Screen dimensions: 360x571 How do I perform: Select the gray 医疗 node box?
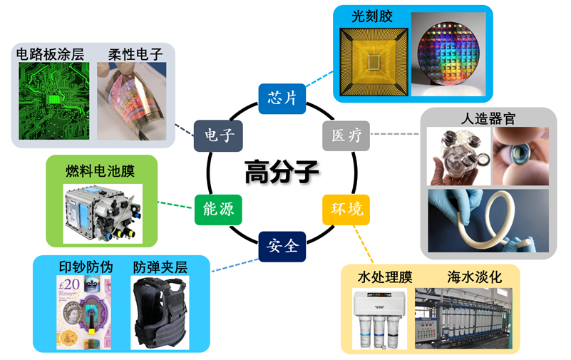pos(347,135)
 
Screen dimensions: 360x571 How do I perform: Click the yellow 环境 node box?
pos(346,209)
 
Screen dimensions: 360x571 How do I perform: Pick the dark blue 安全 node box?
pos(282,247)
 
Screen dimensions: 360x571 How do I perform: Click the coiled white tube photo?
pos(488,220)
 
